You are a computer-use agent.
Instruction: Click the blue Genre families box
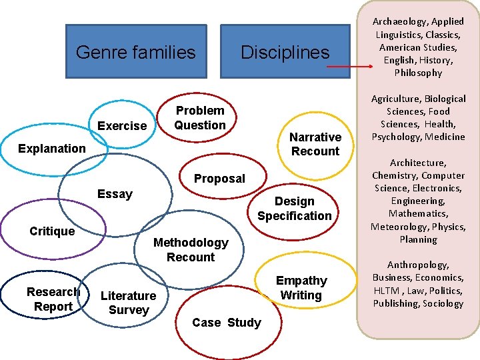coord(136,52)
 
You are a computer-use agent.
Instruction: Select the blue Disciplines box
coord(285,52)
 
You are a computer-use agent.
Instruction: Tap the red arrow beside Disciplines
coord(351,67)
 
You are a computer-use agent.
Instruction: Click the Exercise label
coord(122,126)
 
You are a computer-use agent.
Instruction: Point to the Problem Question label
coord(200,117)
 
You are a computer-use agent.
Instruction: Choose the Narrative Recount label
coord(315,144)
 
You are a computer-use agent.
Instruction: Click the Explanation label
coord(52,148)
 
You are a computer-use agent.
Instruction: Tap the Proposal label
coord(219,179)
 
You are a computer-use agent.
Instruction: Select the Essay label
coord(115,194)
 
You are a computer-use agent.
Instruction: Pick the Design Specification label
coord(294,208)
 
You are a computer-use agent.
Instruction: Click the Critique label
coord(52,231)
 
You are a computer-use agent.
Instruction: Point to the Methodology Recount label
coord(191,249)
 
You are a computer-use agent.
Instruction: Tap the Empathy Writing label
coord(301,288)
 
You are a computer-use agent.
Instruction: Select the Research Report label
coord(53,299)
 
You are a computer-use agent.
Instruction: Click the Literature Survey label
coord(128,303)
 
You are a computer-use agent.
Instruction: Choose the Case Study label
coord(227,323)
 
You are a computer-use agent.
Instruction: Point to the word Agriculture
coord(395,99)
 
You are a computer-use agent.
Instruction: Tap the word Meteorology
coord(398,227)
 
